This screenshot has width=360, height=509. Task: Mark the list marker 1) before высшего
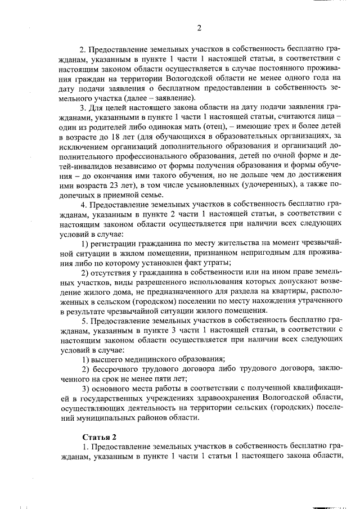[87, 359]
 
